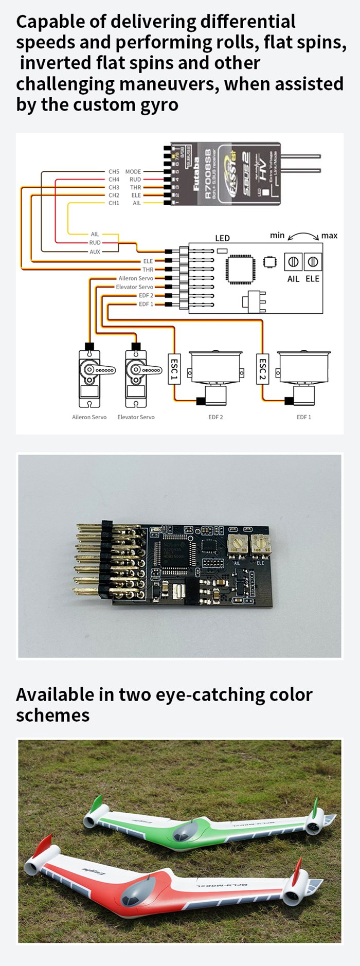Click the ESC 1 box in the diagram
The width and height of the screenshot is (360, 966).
point(174,369)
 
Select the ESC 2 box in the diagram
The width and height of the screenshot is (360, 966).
point(262,369)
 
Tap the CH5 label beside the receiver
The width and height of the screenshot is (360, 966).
point(114,172)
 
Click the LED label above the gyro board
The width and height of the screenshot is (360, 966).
point(222,238)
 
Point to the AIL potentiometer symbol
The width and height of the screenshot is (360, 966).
point(293,262)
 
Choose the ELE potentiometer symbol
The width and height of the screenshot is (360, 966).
point(312,262)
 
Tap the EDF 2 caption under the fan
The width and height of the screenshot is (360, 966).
point(215,417)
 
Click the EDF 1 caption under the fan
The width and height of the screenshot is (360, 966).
point(304,417)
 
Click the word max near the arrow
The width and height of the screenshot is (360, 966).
point(329,236)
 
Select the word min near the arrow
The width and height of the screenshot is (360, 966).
point(277,235)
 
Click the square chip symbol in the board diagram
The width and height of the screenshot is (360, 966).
point(240,269)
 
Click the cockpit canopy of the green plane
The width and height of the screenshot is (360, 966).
point(184,832)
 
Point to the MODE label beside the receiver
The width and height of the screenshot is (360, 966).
point(133,172)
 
